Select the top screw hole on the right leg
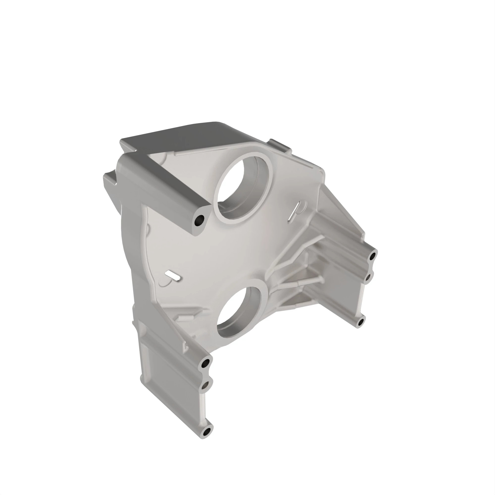point(373,255)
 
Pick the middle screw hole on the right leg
point(368,277)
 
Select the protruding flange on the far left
point(109,182)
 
